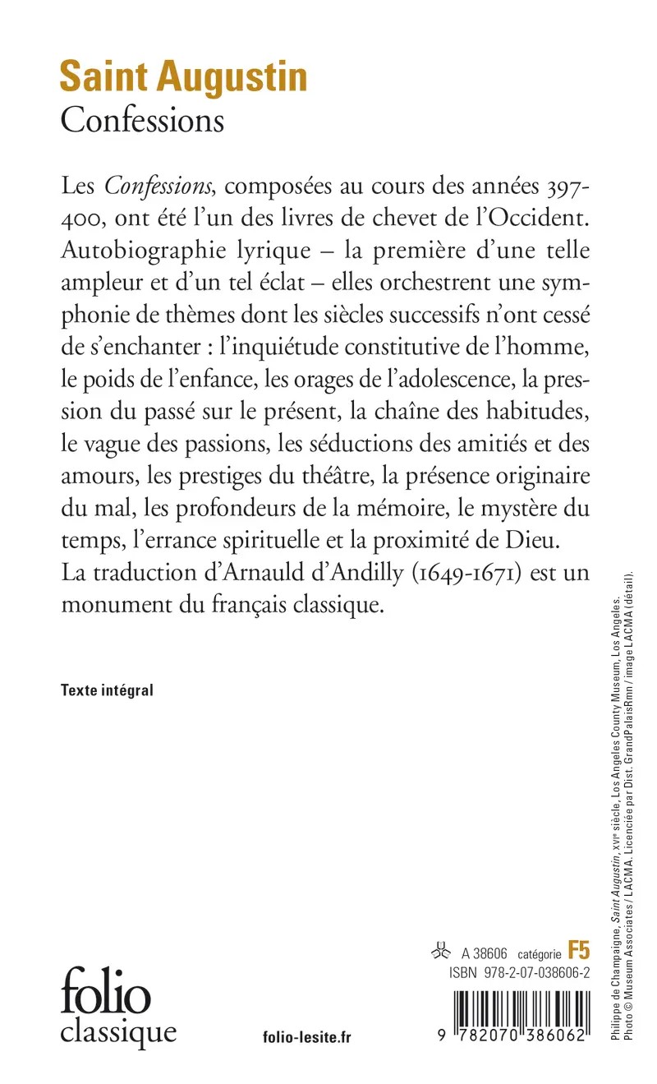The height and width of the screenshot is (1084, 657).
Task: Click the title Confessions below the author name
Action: pos(142,120)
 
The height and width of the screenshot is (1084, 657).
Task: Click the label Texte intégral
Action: pos(107,690)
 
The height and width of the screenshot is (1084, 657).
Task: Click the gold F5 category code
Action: pos(579,952)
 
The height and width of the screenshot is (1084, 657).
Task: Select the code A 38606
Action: pos(485,953)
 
